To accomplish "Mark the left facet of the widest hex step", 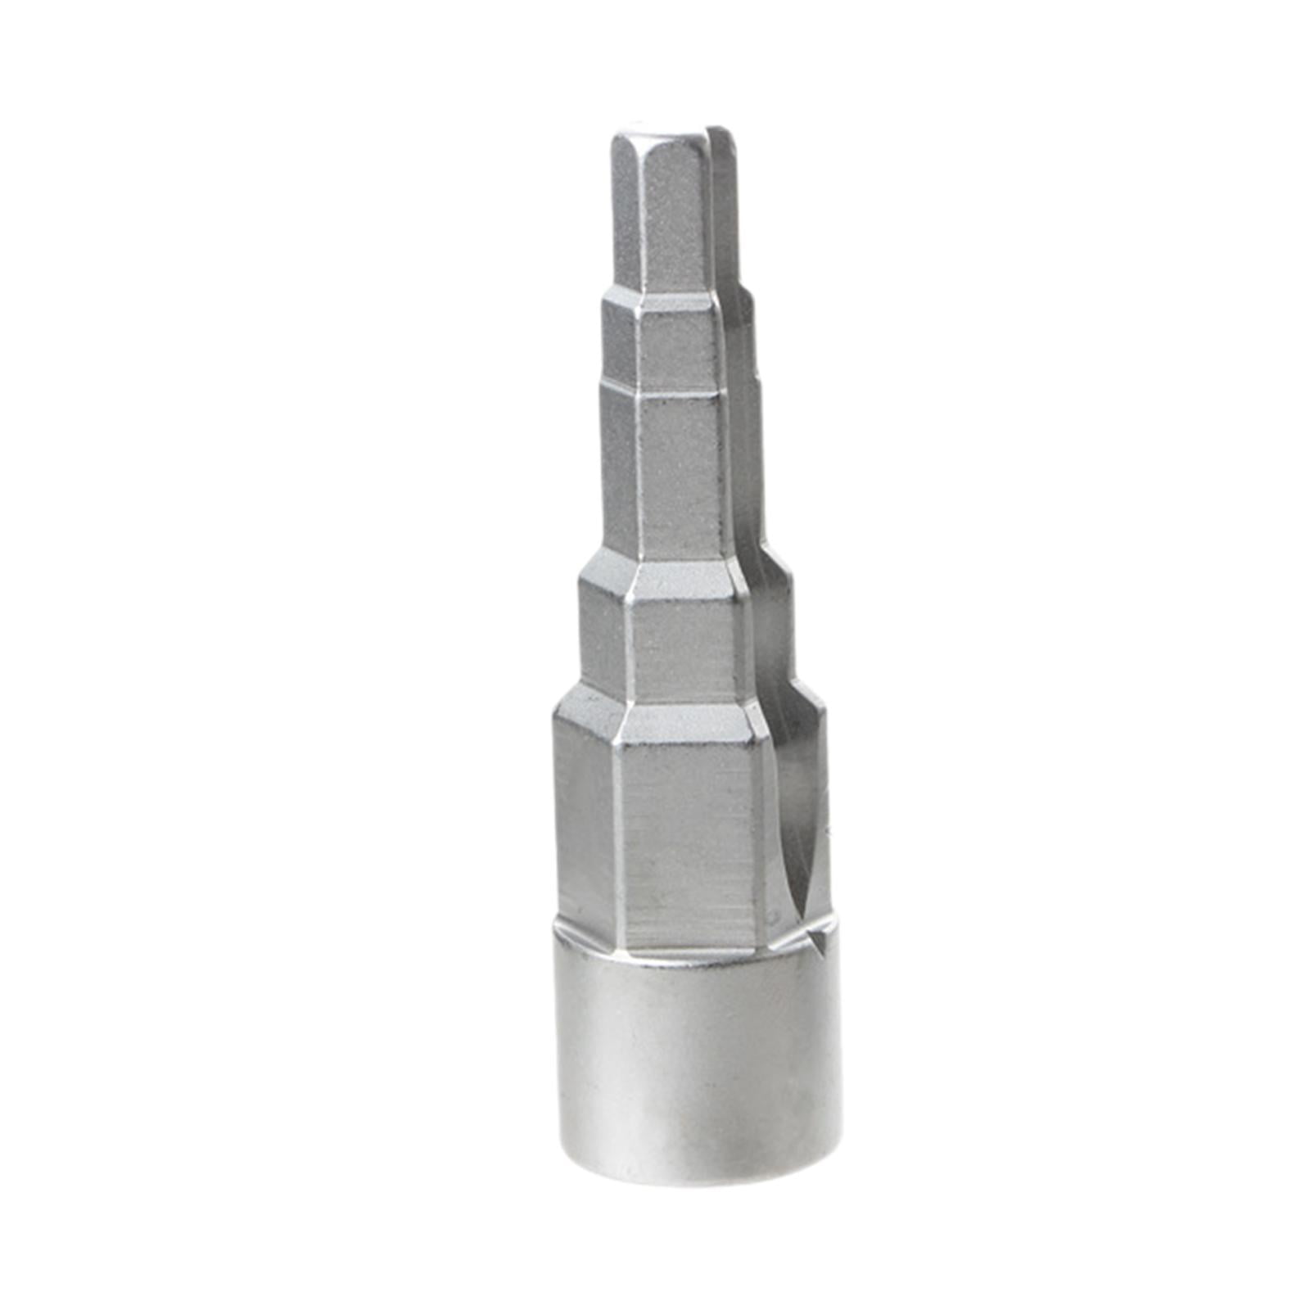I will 585,819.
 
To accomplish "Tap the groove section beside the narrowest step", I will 725,213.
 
